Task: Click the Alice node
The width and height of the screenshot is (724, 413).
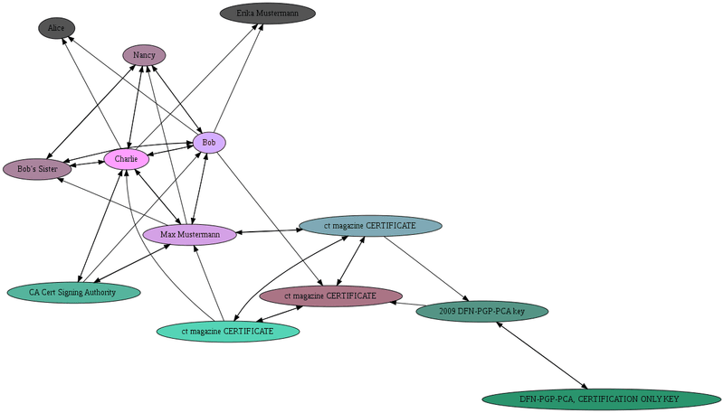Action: tap(56, 29)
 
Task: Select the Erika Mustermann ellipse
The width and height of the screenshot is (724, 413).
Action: tap(268, 14)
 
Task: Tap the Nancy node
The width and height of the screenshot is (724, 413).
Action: tap(144, 56)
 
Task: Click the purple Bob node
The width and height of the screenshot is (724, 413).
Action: tap(209, 143)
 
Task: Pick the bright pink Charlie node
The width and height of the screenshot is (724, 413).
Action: tap(127, 160)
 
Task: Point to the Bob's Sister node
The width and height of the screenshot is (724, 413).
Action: tap(37, 169)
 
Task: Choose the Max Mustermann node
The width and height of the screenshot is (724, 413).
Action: tap(190, 235)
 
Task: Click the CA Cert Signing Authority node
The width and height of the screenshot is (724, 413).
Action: tap(73, 293)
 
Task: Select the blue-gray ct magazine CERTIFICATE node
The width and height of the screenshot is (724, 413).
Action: tap(370, 225)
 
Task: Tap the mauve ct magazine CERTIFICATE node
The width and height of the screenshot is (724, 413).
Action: tap(330, 296)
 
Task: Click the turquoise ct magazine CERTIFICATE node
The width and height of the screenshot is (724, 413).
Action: tap(228, 332)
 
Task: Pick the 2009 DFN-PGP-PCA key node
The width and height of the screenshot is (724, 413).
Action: tap(481, 312)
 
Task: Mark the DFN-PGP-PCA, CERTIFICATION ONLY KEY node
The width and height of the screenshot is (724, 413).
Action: tap(601, 399)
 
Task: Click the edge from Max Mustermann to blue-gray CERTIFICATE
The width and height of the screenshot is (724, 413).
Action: tap(268, 230)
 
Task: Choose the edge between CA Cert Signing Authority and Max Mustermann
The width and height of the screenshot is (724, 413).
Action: tap(130, 264)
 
